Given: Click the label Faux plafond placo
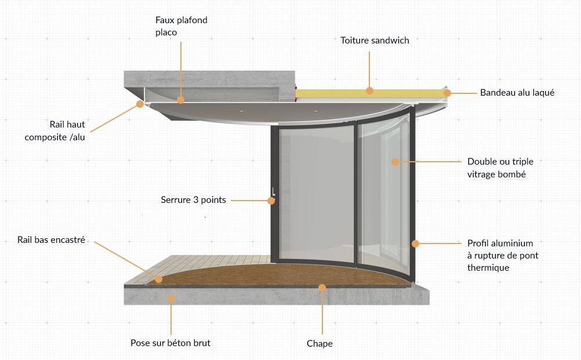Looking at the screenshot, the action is coord(181,26).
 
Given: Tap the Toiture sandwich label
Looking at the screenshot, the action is coord(375,41).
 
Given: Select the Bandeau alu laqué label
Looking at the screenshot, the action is coord(517,93).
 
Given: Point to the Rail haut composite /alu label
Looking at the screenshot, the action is coord(55,131).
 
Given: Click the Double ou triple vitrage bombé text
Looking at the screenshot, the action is coord(500,168).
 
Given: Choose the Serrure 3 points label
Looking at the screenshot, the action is coord(194,200).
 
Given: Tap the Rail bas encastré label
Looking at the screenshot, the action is coord(51,239).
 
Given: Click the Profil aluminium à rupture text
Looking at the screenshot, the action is coord(503,249).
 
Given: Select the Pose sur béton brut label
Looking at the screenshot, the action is coord(170,343).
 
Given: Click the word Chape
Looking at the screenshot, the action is coord(319,344).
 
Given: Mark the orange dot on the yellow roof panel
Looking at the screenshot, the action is coord(369,90).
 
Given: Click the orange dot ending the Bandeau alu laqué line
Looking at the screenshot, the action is coord(447,93).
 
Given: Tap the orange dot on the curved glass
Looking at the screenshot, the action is coord(395,162).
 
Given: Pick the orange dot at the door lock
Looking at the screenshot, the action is coord(271,201).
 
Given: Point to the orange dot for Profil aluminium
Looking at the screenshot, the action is coord(415,243).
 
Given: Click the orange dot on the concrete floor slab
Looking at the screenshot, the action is coord(171,298).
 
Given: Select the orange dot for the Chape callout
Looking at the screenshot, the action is coord(322,288).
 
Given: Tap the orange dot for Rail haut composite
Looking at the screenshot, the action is coord(140,104).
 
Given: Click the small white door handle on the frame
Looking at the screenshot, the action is coord(274,191).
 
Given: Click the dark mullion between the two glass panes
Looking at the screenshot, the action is coord(355,194).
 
